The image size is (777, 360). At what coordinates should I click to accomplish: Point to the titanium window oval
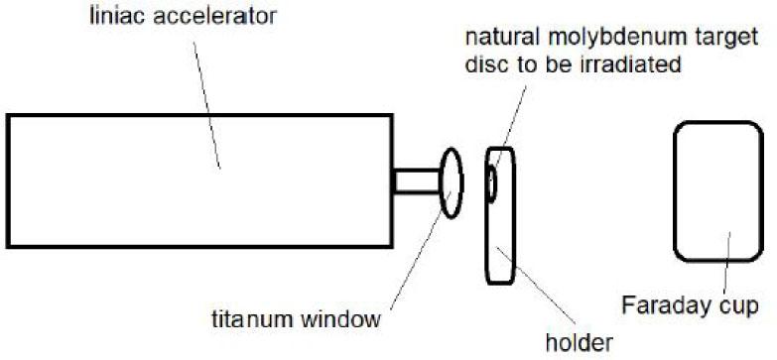point(451,183)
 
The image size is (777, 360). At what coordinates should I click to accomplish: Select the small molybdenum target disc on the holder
point(491,182)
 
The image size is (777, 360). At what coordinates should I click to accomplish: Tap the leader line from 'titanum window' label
point(413,253)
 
